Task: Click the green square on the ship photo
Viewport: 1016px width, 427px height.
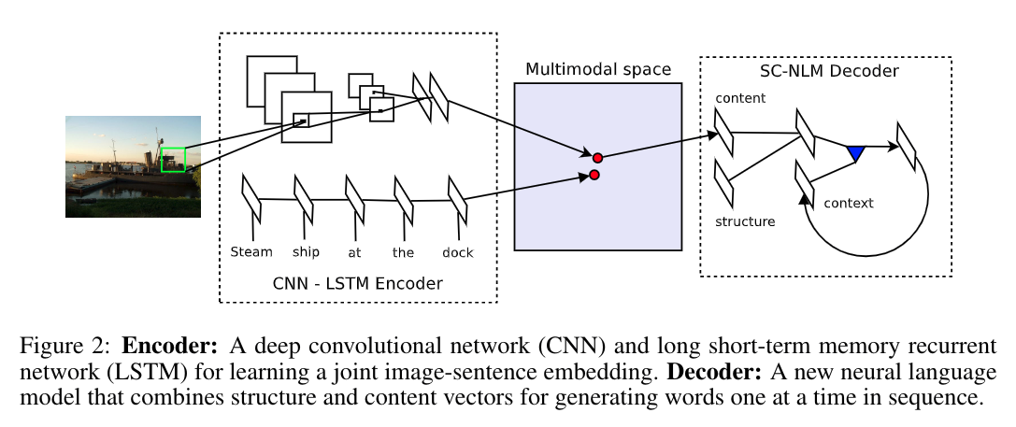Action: (173, 159)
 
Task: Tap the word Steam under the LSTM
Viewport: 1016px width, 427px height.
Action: (251, 251)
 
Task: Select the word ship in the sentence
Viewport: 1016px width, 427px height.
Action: (306, 252)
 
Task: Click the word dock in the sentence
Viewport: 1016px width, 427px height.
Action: (458, 252)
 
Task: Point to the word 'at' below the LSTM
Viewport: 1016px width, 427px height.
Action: (354, 252)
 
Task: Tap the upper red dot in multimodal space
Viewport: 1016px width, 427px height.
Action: (597, 158)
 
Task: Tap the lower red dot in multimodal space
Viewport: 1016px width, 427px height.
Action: (594, 175)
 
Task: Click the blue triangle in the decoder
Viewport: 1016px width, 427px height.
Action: (854, 152)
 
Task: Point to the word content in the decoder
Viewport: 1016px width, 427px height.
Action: (740, 97)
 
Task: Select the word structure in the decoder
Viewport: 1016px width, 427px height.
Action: (745, 221)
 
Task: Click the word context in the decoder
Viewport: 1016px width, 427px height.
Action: (849, 203)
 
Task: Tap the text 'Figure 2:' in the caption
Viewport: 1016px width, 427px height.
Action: (69, 345)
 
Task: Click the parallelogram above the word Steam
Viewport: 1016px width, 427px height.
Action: (250, 197)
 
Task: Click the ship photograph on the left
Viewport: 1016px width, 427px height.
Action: (133, 166)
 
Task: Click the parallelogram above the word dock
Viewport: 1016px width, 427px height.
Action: (457, 197)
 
